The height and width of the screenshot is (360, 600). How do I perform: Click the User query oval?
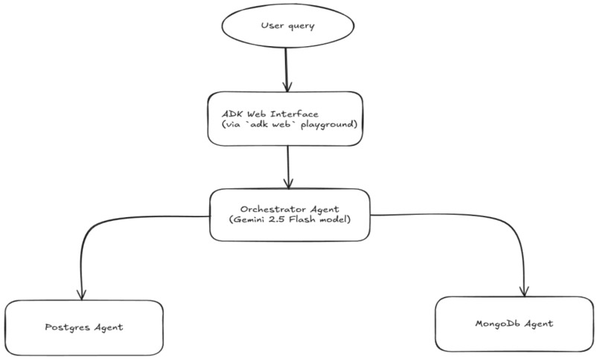pyautogui.click(x=287, y=27)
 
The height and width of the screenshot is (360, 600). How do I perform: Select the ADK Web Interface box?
pyautogui.click(x=286, y=119)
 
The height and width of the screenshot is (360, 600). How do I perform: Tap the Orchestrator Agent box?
pyautogui.click(x=290, y=214)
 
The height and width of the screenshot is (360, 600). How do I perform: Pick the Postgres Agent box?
pyautogui.click(x=83, y=327)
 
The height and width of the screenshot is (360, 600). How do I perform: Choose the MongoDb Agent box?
pyautogui.click(x=514, y=324)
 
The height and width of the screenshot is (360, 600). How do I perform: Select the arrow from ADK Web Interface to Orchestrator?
pyautogui.click(x=287, y=167)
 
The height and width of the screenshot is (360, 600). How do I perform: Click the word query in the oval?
pyautogui.click(x=301, y=28)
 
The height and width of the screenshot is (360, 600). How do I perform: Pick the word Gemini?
pyautogui.click(x=254, y=221)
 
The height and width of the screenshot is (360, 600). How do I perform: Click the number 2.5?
pyautogui.click(x=282, y=221)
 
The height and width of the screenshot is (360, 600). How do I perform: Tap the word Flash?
pyautogui.click(x=306, y=221)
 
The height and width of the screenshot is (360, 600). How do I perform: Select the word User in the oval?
pyautogui.click(x=272, y=27)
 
